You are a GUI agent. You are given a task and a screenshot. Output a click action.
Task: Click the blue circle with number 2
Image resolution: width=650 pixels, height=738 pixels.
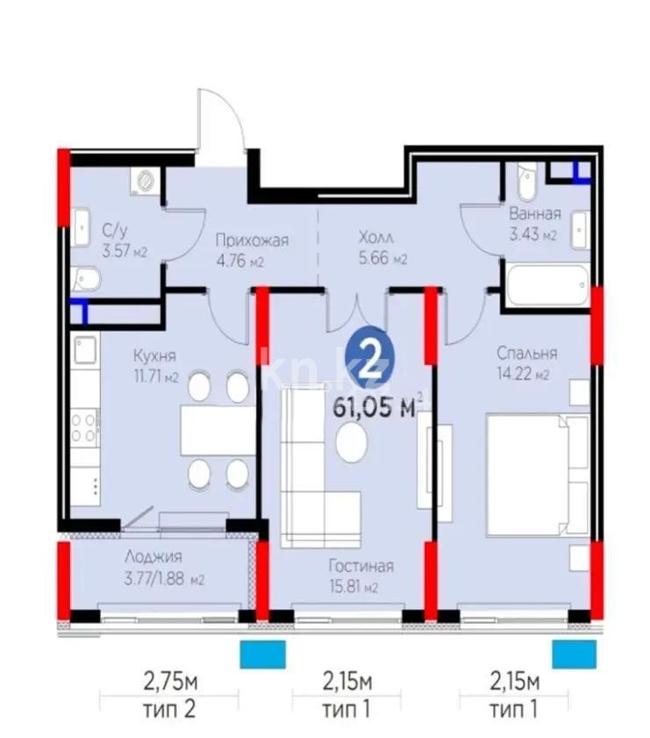tap(370, 359)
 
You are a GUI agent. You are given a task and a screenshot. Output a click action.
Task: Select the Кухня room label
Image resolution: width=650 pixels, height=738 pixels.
tap(154, 355)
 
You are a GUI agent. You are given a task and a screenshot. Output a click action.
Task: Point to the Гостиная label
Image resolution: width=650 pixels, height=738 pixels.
tap(361, 566)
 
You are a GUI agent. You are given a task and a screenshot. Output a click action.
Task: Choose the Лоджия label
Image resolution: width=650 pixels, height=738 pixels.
tap(153, 556)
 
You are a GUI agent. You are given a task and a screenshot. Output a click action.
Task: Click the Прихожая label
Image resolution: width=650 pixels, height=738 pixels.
tap(253, 239)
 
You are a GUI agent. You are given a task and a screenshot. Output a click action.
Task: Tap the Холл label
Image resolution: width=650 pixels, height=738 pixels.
tap(376, 237)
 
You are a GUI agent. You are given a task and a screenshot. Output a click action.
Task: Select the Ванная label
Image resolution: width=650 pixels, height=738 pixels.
tap(534, 212)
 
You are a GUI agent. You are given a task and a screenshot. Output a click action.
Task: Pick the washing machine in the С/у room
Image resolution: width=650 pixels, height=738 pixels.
tap(145, 180)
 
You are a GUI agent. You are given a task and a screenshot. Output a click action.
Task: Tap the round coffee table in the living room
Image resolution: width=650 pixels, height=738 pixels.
tap(353, 442)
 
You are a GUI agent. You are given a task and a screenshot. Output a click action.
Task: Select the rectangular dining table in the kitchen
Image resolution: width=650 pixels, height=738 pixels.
tap(218, 430)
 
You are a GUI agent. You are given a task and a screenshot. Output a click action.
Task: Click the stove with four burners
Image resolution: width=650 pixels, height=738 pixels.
tap(84, 429)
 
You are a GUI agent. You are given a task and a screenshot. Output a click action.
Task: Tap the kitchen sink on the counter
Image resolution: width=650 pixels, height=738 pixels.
tap(84, 352)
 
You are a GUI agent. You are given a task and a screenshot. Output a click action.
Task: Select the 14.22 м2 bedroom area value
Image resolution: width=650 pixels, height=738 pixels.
tap(524, 376)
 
